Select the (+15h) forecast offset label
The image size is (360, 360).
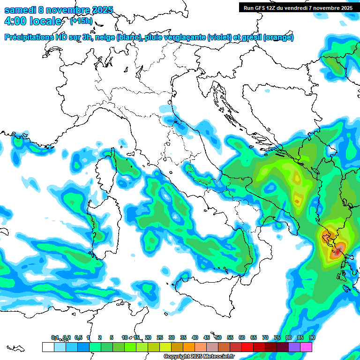(x=81, y=21)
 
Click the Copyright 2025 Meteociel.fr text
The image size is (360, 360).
(x=199, y=357)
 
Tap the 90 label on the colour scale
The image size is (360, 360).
(x=312, y=337)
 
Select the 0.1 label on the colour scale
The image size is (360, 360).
(x=54, y=337)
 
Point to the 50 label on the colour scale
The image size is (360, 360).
(x=218, y=337)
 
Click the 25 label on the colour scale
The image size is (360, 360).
(x=160, y=337)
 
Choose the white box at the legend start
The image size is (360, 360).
(x=48, y=347)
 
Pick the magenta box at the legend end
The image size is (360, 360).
(x=306, y=347)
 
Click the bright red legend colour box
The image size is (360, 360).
(x=247, y=347)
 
